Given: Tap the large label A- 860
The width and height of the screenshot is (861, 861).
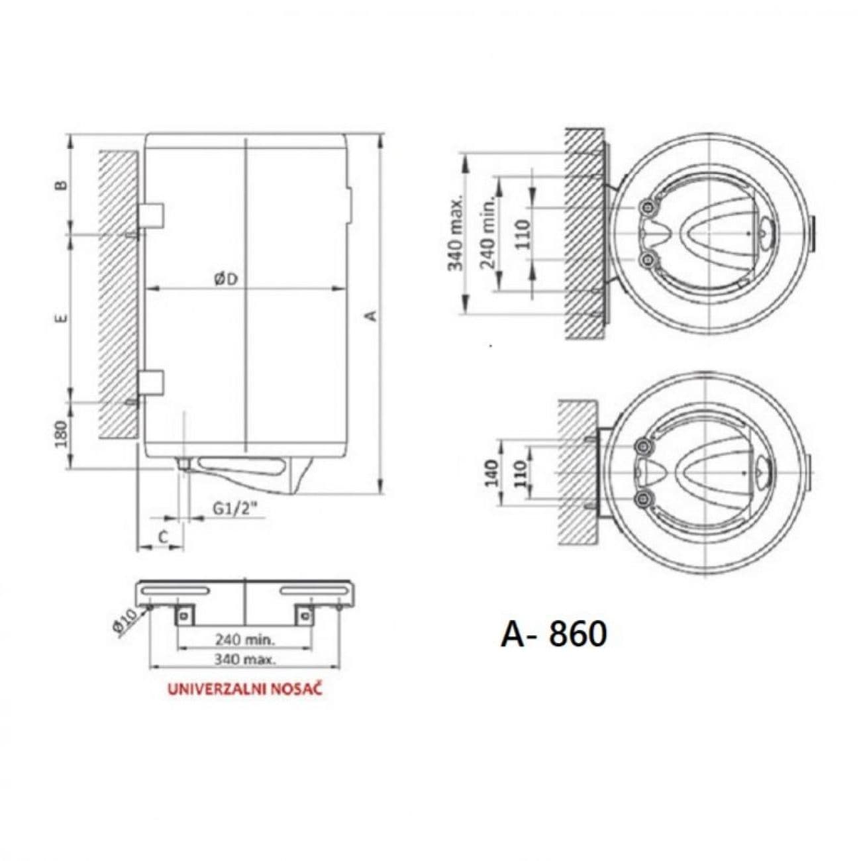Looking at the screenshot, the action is tap(554, 634).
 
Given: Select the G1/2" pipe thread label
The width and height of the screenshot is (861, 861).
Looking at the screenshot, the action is tap(235, 509).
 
